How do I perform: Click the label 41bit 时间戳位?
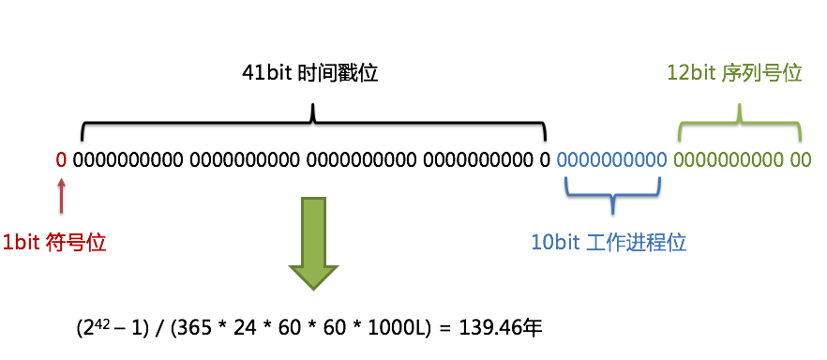tap(309, 73)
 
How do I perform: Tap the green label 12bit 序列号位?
tap(734, 73)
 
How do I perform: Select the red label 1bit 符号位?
tap(53, 242)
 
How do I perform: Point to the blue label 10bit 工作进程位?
tap(609, 243)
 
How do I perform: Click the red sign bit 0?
tap(61, 159)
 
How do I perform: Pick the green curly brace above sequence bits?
tap(740, 119)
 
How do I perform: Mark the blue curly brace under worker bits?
tap(612, 196)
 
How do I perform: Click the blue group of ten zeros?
tap(612, 159)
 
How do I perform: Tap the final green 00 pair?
tap(800, 159)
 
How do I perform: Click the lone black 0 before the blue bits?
tap(545, 159)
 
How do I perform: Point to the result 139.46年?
tap(506, 329)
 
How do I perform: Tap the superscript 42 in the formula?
tap(98, 323)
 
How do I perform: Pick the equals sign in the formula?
tap(444, 329)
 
